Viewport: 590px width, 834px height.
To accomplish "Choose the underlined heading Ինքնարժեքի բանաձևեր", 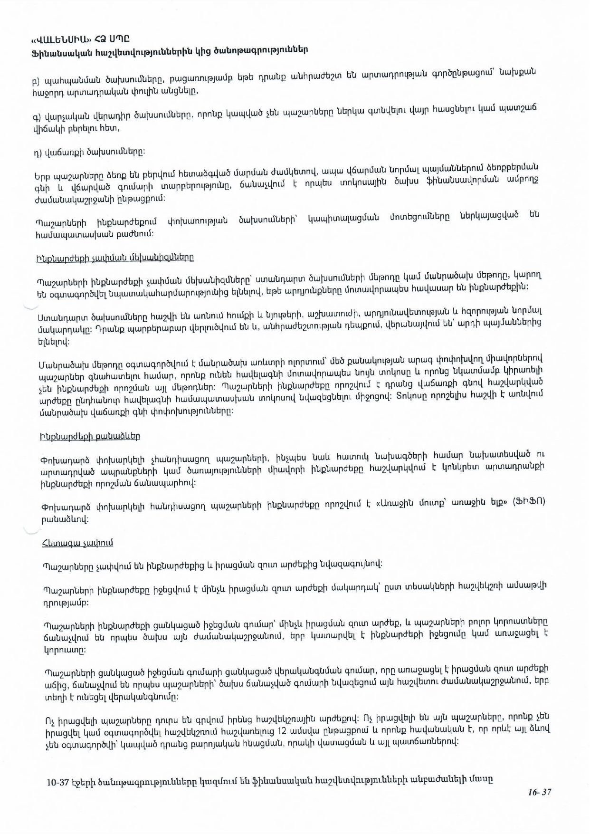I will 90,436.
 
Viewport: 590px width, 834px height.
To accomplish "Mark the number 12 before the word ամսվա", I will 283,730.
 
